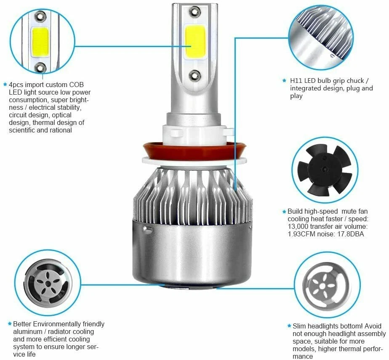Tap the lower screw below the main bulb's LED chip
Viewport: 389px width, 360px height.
(x=194, y=75)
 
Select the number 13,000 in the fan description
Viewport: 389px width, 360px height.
(x=301, y=227)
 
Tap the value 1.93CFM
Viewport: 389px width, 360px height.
(x=303, y=234)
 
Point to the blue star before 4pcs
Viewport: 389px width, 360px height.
(x=5, y=84)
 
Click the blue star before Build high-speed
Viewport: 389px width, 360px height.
(x=284, y=212)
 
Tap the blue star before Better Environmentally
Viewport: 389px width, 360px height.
(x=10, y=324)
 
